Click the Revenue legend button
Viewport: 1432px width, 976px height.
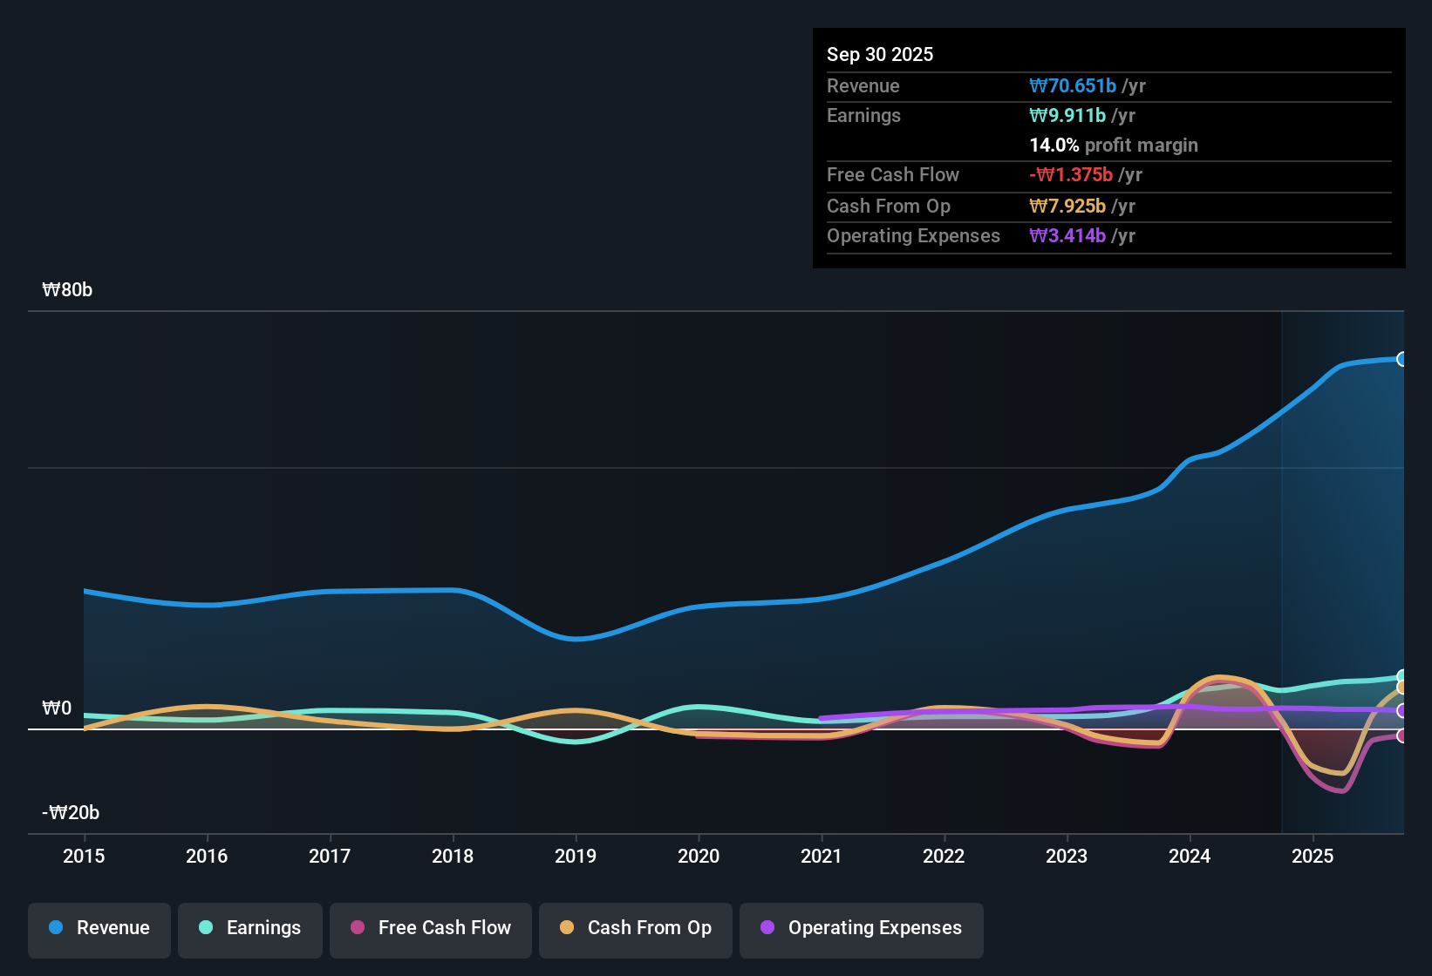99,928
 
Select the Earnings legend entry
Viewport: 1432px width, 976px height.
250,928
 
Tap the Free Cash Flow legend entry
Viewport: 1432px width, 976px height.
431,928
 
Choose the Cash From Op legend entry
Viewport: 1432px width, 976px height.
636,928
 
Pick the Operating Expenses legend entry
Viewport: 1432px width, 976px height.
862,928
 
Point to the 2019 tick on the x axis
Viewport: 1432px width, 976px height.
576,856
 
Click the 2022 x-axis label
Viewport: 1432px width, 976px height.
944,856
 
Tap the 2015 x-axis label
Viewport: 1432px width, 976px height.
84,856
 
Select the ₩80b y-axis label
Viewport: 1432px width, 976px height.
67,290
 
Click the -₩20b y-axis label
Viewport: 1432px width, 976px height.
71,813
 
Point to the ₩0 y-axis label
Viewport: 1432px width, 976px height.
57,708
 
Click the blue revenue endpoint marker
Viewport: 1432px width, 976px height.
1401,359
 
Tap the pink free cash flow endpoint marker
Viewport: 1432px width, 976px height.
1401,736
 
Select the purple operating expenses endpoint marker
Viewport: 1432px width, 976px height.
1401,711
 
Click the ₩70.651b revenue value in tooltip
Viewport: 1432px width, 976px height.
1073,86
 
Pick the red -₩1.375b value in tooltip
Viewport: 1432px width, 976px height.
1071,175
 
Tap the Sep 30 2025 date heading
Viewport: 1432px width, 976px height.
880,55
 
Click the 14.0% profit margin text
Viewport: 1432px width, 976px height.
1114,146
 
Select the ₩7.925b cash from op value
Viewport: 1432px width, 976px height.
1067,207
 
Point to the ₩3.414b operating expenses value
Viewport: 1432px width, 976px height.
1067,236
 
